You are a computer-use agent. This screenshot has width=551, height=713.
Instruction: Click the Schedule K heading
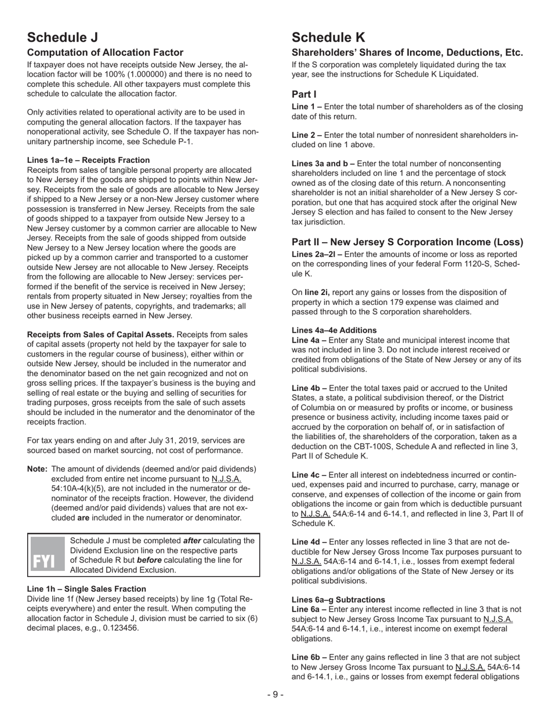click(329, 38)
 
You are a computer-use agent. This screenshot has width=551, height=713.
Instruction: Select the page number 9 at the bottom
click(275, 694)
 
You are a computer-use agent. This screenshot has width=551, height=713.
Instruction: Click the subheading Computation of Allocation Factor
click(105, 53)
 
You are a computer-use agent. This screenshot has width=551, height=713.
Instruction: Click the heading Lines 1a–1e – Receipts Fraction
click(88, 160)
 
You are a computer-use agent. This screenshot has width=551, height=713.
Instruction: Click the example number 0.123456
click(119, 628)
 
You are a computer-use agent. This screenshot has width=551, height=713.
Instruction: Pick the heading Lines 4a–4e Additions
click(334, 330)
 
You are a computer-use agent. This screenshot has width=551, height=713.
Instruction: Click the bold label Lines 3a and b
click(322, 163)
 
